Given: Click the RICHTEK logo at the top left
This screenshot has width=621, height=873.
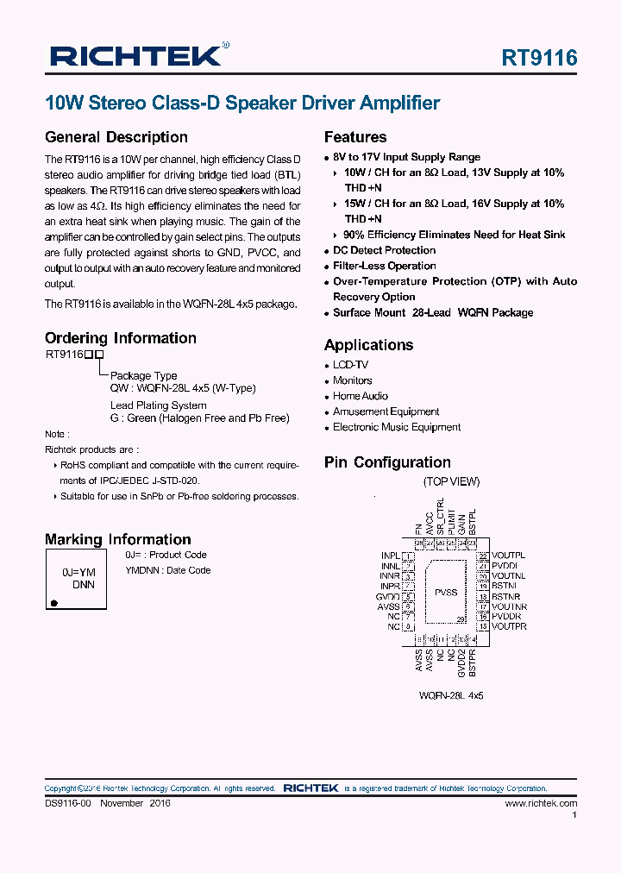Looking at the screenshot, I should pos(138,56).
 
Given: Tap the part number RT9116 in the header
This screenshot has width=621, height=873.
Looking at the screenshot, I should pos(539,58).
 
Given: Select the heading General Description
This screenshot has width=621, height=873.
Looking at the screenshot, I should pos(116,137).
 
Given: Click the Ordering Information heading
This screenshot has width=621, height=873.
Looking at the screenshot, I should pos(121,338).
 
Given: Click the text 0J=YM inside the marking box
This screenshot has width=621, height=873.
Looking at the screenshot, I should pos(78,572).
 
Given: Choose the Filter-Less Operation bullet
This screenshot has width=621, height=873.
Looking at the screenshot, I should pos(385,266).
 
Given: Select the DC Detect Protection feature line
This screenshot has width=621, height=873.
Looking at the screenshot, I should pos(385,250).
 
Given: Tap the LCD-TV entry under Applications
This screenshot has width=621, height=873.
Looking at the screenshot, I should pos(350,365).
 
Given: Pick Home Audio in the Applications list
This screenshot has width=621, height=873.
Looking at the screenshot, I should pos(361,396).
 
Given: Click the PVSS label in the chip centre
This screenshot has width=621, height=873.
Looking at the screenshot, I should pos(446,593).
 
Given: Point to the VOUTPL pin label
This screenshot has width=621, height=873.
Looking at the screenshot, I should pos(509,556).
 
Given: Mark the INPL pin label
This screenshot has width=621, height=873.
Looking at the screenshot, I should pos(390,556).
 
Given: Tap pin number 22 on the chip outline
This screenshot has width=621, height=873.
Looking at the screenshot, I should pos(485,556).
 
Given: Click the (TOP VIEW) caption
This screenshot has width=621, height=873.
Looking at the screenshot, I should pos(451,481).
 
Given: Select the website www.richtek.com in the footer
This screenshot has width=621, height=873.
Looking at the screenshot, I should pos(541,803).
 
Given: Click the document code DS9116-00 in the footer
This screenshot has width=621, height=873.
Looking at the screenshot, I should pos(68,803).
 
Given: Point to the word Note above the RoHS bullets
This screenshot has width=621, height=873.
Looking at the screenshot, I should pos(56,434).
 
